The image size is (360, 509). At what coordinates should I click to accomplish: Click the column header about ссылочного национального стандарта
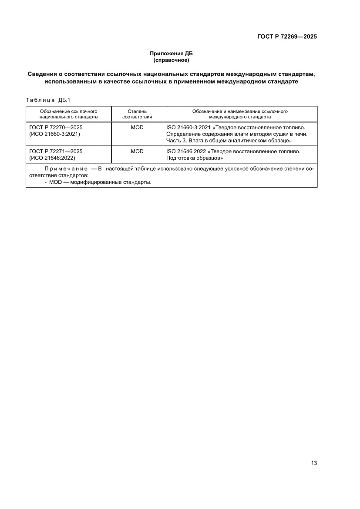coord(68,114)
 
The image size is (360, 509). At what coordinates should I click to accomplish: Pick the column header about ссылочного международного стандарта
coord(239,114)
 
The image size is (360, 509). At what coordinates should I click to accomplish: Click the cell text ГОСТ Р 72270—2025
coord(56,128)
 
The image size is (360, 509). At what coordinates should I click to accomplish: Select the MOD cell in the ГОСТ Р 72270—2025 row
coord(137,128)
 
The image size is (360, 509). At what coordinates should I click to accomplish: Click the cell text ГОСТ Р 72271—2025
coord(56,152)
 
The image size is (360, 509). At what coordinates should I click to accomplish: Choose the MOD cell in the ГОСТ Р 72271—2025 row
coord(137,152)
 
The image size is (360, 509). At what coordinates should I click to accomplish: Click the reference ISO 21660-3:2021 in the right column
coord(188,128)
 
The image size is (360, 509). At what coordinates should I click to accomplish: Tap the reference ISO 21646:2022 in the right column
coord(185,152)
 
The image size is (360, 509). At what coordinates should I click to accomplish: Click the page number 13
coord(314,463)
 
